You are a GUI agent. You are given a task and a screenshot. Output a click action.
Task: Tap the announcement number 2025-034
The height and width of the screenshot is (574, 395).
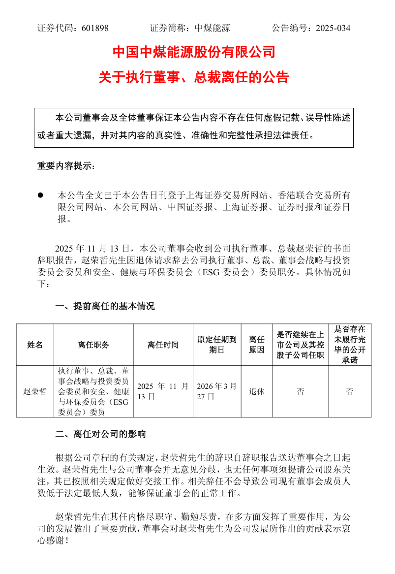click(333, 28)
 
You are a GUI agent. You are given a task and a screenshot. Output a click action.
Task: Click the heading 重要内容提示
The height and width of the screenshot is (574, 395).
click(66, 166)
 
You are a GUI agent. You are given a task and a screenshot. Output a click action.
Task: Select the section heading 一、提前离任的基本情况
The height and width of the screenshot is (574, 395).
click(105, 306)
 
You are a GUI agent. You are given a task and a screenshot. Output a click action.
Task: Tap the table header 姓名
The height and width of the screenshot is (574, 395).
click(35, 345)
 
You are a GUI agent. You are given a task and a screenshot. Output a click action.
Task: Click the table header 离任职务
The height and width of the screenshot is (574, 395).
click(93, 345)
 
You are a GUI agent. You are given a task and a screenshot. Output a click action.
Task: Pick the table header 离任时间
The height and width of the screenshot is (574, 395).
click(163, 345)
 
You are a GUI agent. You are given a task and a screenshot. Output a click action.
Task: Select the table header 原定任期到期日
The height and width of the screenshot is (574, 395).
click(217, 345)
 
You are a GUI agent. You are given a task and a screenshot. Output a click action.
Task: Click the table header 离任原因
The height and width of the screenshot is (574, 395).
click(257, 345)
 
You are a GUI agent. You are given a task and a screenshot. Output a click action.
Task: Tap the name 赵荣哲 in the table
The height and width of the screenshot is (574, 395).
click(35, 392)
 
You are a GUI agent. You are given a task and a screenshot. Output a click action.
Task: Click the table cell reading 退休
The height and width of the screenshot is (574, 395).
click(257, 392)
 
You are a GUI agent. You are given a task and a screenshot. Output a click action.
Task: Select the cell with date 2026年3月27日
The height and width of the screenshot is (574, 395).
click(217, 391)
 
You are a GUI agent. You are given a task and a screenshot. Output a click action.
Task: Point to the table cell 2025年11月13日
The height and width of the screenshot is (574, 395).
click(163, 391)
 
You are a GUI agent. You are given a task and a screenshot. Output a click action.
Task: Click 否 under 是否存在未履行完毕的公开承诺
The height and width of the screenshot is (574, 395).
click(350, 392)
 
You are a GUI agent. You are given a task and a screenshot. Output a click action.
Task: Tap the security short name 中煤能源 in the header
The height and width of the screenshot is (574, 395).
click(213, 28)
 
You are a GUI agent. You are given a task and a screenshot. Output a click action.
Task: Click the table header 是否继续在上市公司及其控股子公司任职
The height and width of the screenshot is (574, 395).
click(300, 345)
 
